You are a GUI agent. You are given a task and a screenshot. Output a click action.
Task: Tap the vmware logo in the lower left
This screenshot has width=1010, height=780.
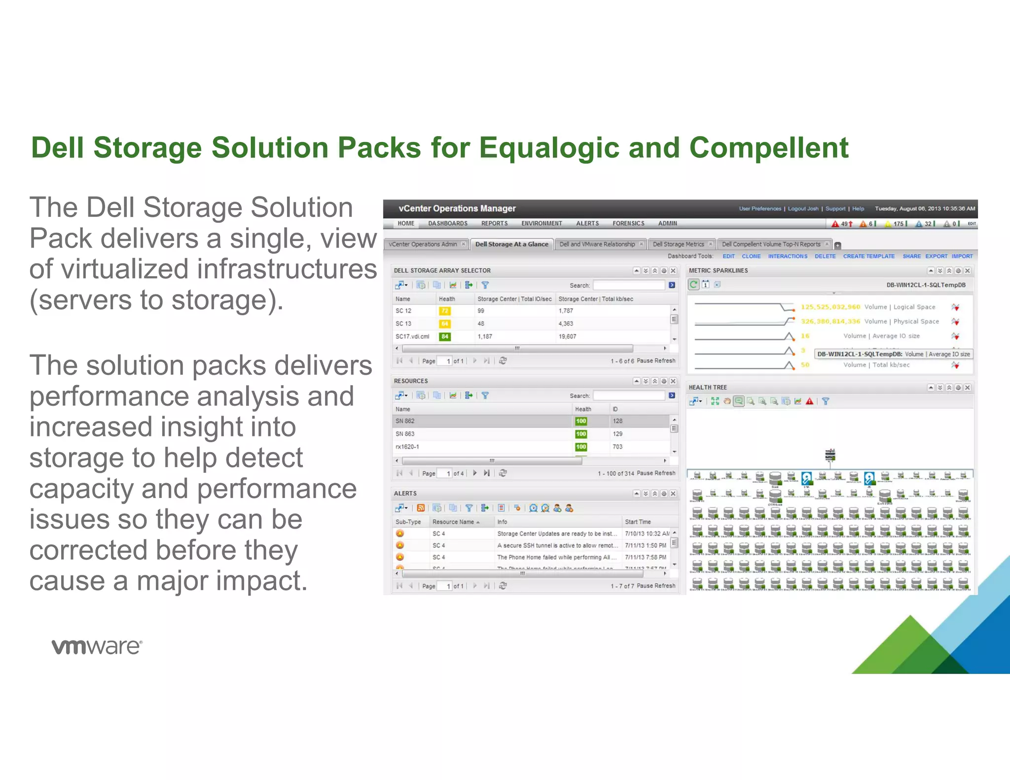tap(97, 646)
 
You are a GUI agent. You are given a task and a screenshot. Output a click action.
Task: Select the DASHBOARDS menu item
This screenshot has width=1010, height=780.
tap(447, 223)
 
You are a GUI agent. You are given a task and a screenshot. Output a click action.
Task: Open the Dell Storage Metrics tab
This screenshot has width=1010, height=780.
tap(678, 244)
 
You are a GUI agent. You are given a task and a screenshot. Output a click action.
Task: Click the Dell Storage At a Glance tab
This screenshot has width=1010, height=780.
tap(511, 244)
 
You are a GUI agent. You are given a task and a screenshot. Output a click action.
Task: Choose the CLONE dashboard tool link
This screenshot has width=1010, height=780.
tap(751, 256)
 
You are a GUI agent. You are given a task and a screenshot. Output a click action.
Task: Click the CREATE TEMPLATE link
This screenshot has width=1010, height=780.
tap(868, 256)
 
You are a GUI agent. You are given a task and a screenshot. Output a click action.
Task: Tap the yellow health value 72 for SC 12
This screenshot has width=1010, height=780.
tap(444, 311)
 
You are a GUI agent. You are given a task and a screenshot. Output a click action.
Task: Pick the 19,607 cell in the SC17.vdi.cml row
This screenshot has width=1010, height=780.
tap(567, 337)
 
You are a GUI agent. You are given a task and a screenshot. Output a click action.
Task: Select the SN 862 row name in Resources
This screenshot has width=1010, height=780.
tap(405, 421)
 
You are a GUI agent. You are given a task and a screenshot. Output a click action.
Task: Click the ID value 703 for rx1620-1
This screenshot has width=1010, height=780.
tap(617, 447)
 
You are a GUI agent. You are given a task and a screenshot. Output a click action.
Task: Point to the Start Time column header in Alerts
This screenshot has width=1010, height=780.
tap(638, 522)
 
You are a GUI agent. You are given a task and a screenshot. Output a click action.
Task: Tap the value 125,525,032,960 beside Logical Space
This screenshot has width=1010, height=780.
tap(830, 307)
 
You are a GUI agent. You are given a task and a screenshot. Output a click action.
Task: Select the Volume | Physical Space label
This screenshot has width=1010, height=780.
tap(902, 321)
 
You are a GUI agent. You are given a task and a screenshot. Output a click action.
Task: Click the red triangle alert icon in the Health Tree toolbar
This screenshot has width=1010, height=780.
tap(809, 401)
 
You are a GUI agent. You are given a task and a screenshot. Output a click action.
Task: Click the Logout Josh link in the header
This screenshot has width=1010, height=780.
tap(803, 209)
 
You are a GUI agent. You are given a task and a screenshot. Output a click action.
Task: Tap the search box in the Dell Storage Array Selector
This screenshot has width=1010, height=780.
tap(628, 285)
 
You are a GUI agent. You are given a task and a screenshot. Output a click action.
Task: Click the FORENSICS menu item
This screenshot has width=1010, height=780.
tap(628, 223)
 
